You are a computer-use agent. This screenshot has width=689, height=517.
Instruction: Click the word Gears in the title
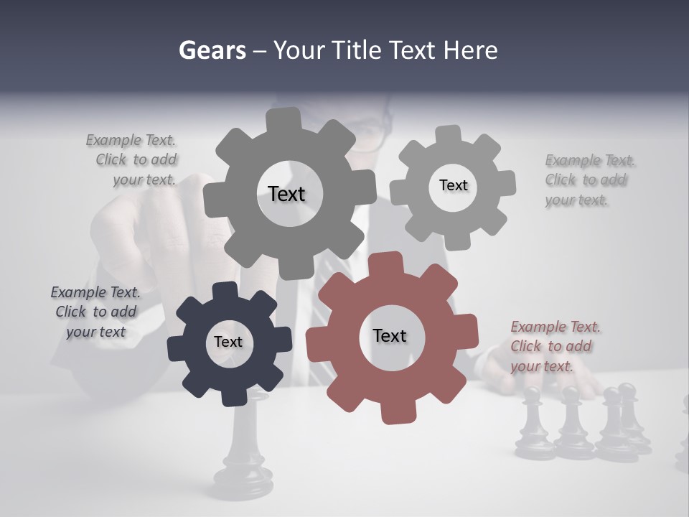[x=212, y=50]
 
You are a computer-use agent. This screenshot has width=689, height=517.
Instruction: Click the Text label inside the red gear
[x=390, y=336]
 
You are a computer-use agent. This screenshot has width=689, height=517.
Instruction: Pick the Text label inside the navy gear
[x=228, y=343]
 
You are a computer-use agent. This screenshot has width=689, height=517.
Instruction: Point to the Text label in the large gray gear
[x=286, y=194]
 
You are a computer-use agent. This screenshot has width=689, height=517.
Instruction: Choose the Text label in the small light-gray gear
[x=453, y=185]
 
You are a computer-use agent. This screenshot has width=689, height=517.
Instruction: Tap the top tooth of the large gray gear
[x=283, y=119]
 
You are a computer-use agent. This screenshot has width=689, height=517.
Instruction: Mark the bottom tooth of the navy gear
[x=231, y=396]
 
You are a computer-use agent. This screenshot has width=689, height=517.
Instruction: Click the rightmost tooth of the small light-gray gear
[x=505, y=183]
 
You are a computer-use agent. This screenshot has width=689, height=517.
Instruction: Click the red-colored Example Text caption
[x=555, y=347]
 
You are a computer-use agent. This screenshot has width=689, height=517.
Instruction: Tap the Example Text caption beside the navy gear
[x=95, y=312]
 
